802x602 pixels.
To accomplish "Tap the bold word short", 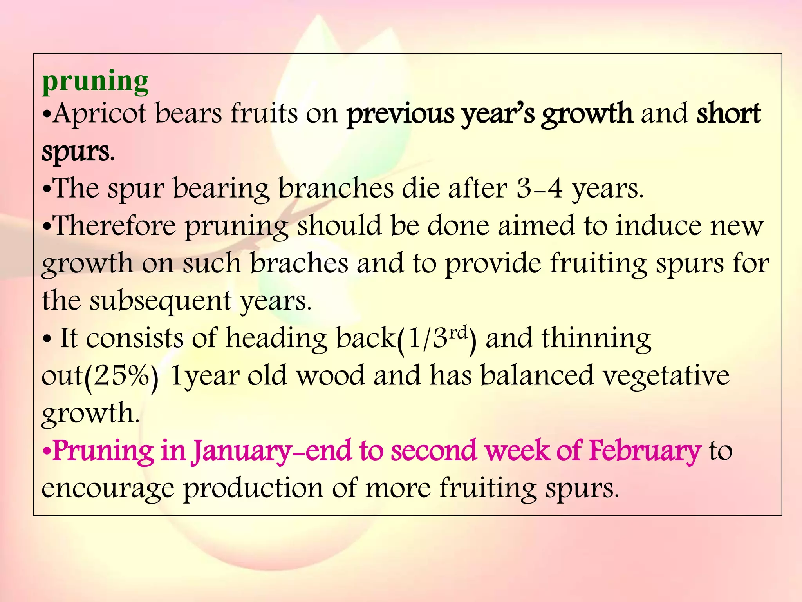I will (729, 114).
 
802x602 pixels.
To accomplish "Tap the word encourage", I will (108, 488).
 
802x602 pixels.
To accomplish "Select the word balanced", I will (537, 375).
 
